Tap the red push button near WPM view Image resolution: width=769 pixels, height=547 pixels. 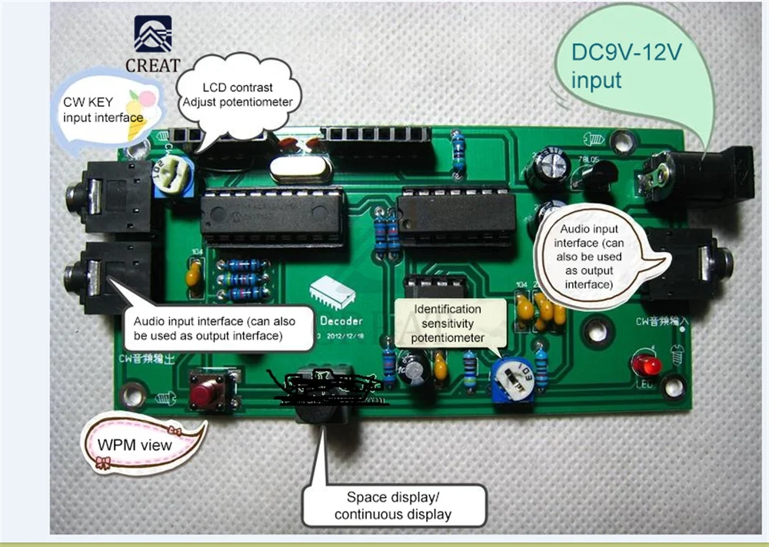205,393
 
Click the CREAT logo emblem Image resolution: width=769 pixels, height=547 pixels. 153,35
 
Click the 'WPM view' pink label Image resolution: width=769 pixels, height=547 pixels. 135,444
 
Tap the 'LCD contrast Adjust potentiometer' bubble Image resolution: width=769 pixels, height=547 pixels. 238,95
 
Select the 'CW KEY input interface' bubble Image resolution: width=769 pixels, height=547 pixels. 104,110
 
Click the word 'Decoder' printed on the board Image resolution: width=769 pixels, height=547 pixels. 335,317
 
